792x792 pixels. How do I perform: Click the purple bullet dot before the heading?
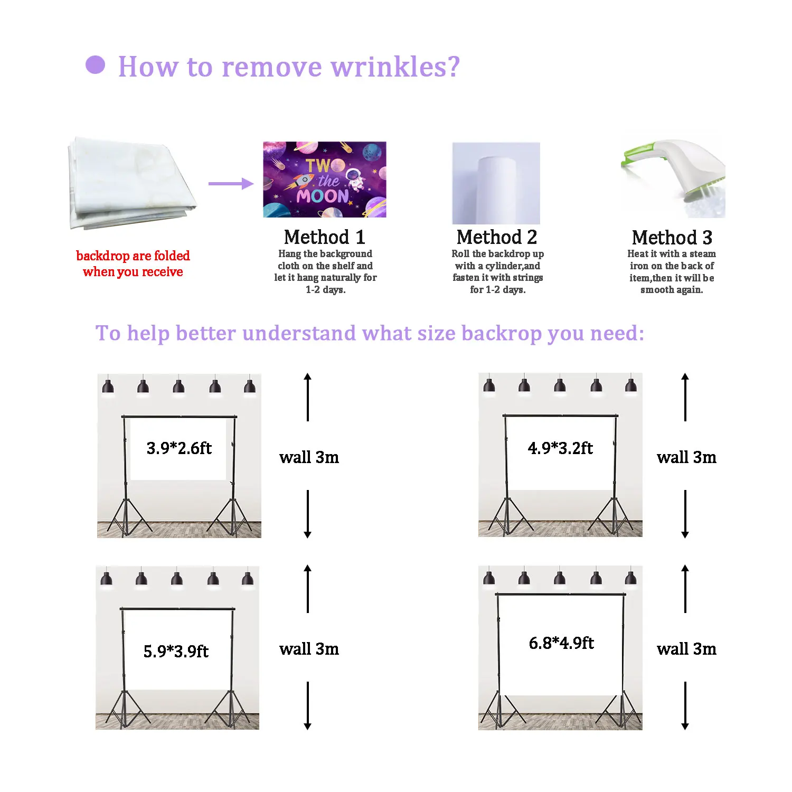[95, 65]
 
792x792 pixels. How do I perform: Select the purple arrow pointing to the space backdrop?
[231, 184]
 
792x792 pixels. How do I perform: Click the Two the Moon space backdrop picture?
[325, 180]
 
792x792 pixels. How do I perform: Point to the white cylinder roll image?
[496, 183]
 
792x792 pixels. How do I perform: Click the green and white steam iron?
[673, 177]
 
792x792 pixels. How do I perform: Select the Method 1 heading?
[324, 237]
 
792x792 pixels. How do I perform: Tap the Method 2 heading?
[496, 237]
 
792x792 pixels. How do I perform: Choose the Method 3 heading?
[672, 238]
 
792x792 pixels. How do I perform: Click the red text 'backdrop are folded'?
[133, 256]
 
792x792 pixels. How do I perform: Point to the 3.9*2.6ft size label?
[179, 448]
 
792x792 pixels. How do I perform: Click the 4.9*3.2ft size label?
[560, 448]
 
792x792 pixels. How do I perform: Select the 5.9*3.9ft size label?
[176, 651]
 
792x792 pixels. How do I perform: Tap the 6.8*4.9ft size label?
[561, 643]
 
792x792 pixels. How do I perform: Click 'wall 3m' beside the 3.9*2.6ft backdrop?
[309, 457]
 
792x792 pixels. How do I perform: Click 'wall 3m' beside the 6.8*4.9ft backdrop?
[686, 649]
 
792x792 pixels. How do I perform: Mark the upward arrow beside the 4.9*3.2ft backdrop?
[685, 397]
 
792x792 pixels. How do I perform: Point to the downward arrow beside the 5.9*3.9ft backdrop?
[308, 705]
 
